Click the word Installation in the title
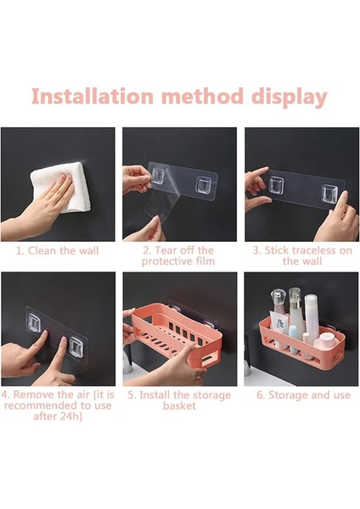[x=93, y=96]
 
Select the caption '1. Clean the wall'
[x=57, y=251]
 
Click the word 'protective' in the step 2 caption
[x=168, y=261]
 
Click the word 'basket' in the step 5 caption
[x=179, y=406]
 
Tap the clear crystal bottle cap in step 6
[x=279, y=298]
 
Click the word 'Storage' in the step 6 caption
[x=288, y=395]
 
